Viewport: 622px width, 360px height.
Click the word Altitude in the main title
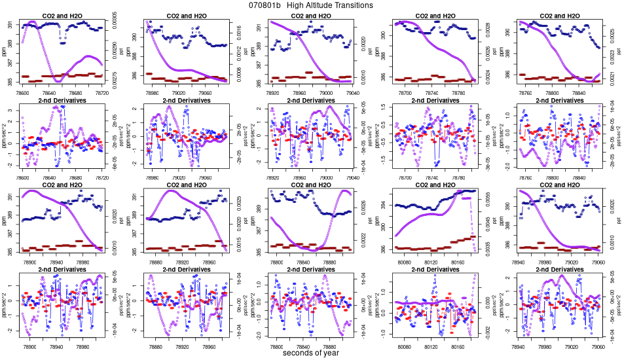324,5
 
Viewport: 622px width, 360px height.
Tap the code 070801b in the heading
265,5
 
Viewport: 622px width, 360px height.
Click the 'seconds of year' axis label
311,353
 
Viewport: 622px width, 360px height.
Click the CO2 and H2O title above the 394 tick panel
432,185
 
